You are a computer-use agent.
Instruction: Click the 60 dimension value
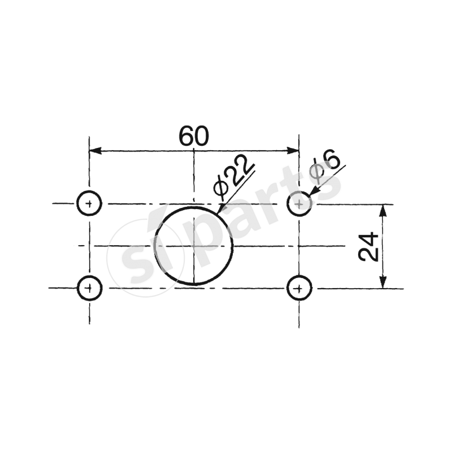194,136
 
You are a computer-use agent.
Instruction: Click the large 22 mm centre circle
193,246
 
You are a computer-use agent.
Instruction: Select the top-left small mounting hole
89,203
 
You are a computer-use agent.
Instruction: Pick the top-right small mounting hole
299,203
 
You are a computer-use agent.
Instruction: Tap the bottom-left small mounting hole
89,288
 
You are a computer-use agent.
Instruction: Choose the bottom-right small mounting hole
299,289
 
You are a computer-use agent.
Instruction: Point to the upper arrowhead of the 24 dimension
383,210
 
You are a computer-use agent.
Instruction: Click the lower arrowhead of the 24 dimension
383,282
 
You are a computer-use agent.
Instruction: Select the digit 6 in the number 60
186,136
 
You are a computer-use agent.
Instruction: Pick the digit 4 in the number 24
368,238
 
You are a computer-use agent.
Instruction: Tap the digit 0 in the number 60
202,136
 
